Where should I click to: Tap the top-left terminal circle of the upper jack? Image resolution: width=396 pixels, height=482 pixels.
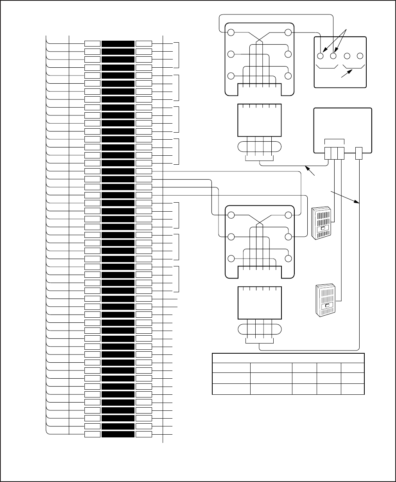tap(231, 32)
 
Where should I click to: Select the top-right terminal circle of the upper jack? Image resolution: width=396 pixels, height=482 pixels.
tap(288, 32)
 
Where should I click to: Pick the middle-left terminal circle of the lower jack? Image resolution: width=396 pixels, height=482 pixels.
tap(231, 237)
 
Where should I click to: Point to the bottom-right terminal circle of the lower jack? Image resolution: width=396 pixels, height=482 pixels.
tap(288, 258)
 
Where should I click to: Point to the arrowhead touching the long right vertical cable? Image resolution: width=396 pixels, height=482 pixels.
tap(357, 202)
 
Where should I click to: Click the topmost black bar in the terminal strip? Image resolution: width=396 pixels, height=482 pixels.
tap(118, 43)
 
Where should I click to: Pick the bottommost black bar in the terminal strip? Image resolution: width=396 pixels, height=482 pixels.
tap(118, 434)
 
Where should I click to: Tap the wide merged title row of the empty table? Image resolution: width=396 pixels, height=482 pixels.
tap(288, 358)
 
